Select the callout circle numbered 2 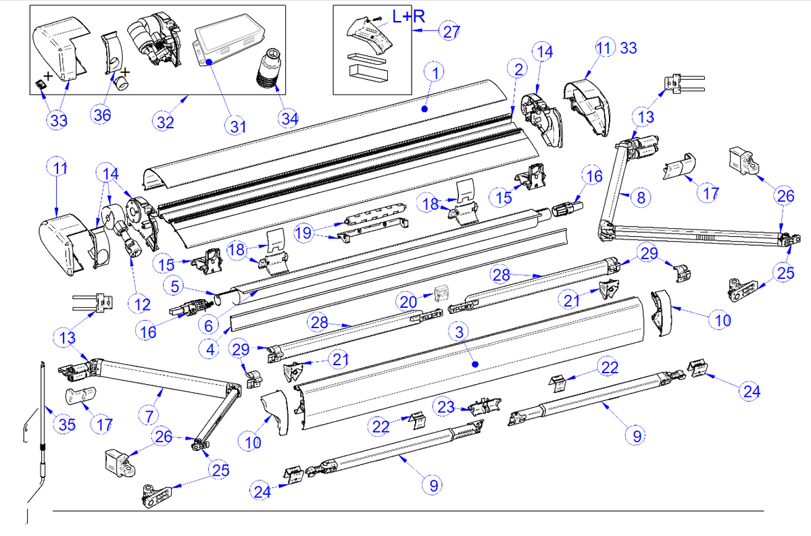click(518, 69)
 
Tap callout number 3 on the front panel click(458, 332)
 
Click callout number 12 click(143, 304)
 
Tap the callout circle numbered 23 click(446, 408)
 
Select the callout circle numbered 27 click(451, 31)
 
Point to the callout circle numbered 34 click(290, 119)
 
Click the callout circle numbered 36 click(103, 115)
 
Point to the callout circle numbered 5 click(175, 286)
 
